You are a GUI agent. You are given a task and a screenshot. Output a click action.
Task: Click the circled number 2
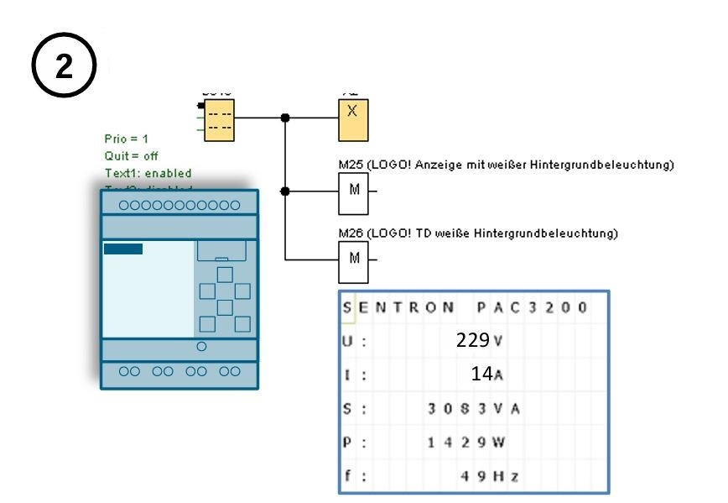(65, 66)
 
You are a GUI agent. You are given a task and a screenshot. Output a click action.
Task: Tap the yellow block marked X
(353, 118)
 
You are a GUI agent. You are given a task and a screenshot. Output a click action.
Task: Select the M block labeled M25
(354, 190)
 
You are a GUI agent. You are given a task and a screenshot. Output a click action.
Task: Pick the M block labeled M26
(354, 257)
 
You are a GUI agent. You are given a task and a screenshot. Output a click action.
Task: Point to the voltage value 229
(472, 340)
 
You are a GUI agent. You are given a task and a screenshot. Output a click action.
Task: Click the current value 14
(481, 374)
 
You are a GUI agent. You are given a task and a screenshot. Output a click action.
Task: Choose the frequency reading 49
(473, 475)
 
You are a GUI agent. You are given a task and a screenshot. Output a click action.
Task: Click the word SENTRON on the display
(398, 307)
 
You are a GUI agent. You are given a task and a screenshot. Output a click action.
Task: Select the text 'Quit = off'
(131, 155)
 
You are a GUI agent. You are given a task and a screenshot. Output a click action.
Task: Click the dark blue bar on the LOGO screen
(123, 249)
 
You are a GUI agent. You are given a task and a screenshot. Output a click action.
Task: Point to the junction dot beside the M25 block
(286, 191)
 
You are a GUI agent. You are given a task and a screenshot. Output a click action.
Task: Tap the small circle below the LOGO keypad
(200, 345)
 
